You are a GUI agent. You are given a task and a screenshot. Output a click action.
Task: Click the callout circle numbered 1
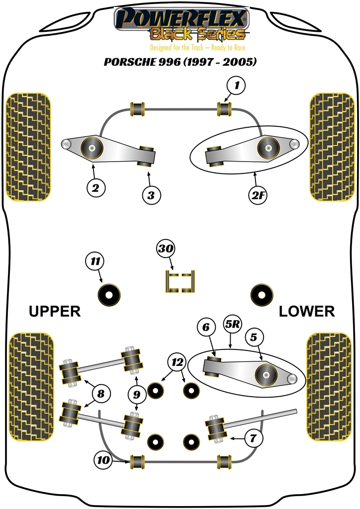[237, 86]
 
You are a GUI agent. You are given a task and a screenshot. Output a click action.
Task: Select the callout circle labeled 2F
[259, 195]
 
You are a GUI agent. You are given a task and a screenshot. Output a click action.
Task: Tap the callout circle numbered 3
[151, 195]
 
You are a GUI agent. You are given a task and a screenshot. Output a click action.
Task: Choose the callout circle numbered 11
[94, 260]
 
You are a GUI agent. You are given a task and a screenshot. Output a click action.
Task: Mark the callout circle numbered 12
[175, 362]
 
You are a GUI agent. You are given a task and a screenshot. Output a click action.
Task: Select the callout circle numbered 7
[253, 438]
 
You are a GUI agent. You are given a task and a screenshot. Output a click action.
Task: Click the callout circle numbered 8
[101, 395]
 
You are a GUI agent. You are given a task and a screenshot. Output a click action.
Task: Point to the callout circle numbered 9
[136, 395]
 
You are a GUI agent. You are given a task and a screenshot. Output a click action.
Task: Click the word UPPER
[55, 312]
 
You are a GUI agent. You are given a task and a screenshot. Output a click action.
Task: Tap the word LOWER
[306, 312]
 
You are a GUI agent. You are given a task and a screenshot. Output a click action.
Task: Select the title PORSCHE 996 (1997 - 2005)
[180, 63]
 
